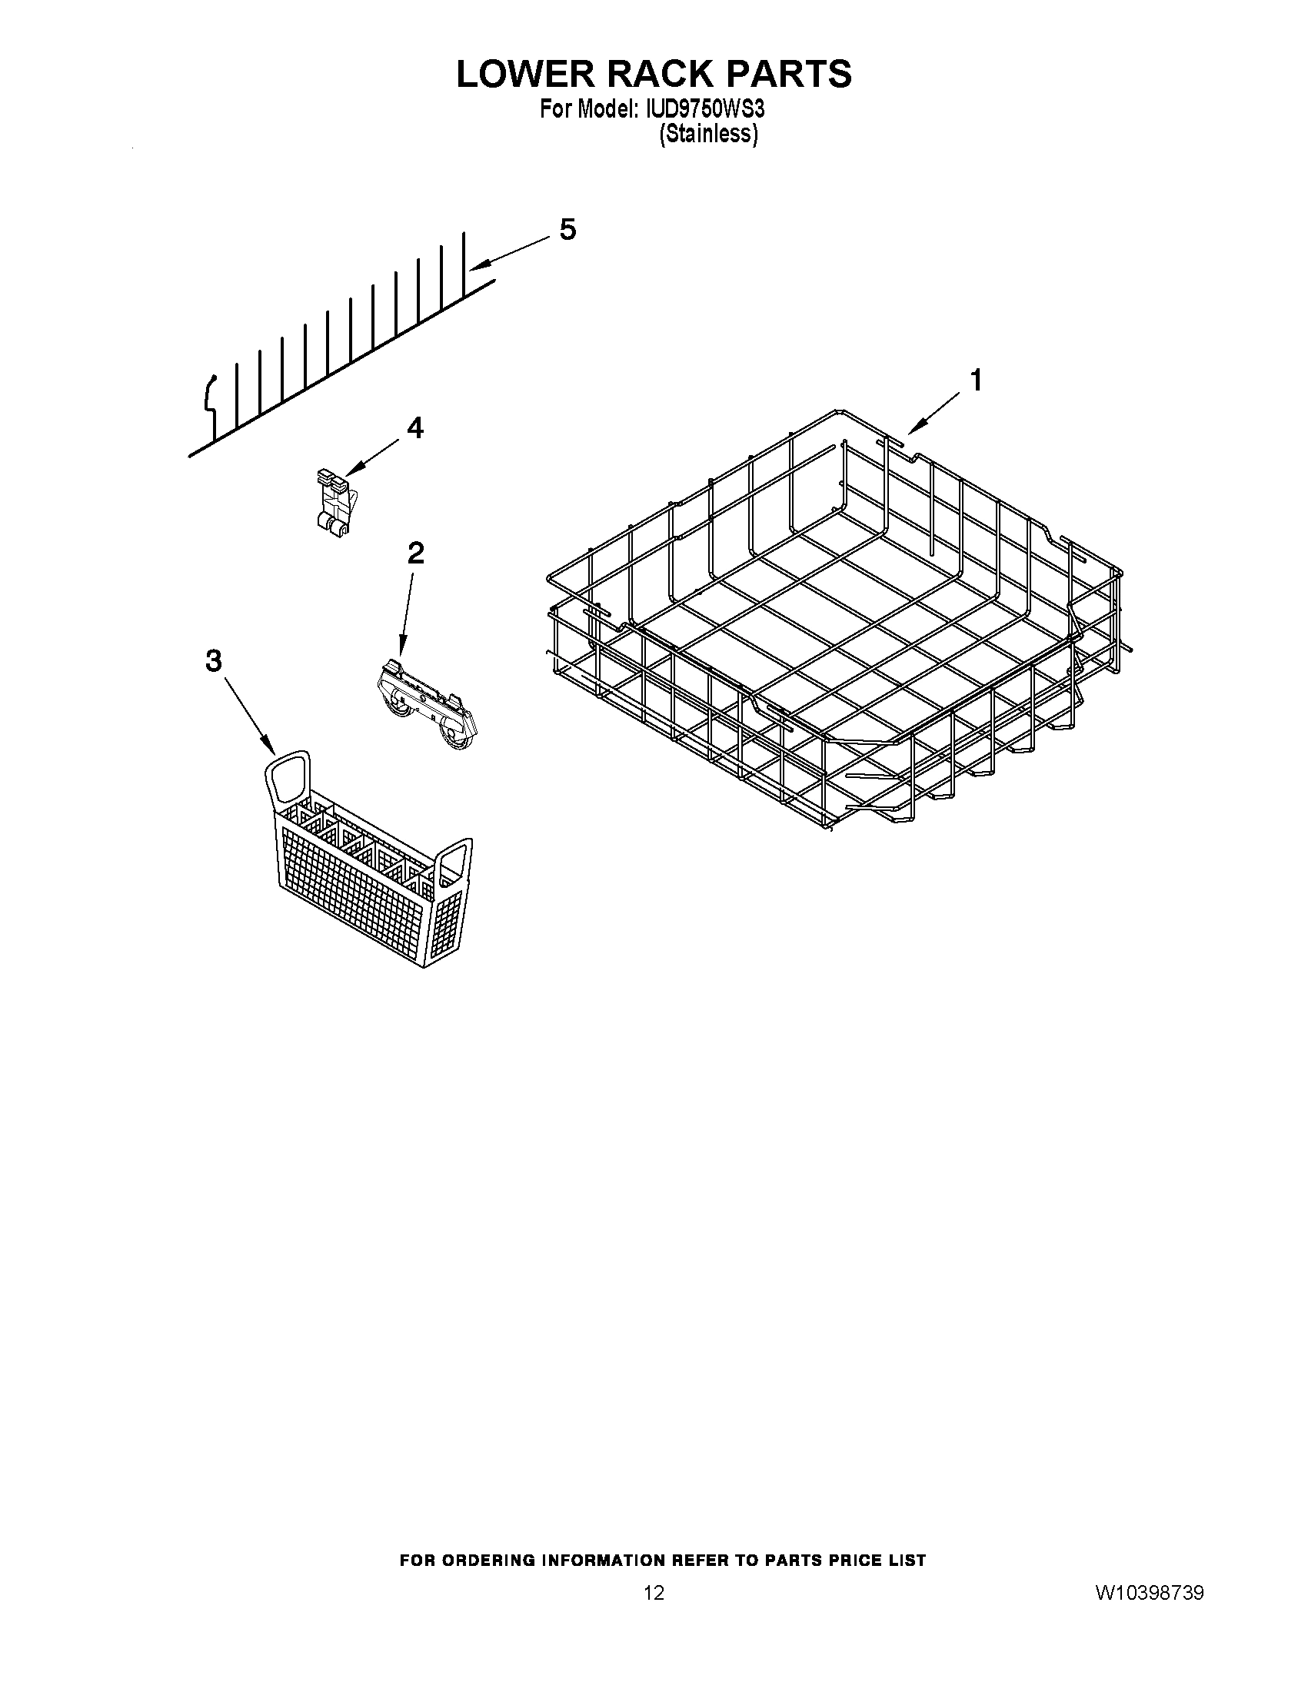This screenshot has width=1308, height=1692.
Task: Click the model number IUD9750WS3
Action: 703,109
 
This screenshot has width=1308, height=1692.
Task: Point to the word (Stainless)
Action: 708,134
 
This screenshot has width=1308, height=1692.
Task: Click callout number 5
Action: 567,229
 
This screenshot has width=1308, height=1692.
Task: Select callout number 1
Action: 976,381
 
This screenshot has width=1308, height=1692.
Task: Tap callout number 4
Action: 415,427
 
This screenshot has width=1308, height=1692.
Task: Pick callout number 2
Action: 415,553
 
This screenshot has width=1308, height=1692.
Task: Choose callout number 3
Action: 214,661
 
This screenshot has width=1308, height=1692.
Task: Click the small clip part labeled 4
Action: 334,501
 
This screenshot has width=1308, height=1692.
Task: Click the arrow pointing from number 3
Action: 248,714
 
